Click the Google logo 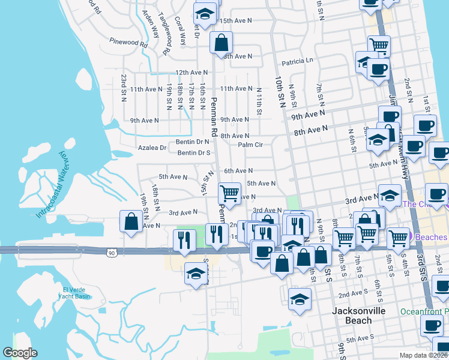20,353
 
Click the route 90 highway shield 112,253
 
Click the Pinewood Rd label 128,42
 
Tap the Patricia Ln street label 297,61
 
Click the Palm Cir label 250,145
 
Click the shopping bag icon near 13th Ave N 221,43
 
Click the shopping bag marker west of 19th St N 131,221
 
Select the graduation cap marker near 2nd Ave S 300,299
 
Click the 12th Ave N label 191,72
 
